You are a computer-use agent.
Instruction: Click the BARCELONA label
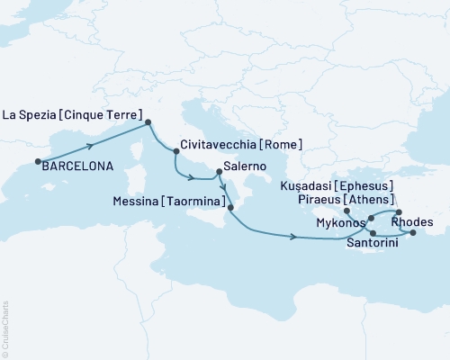(76, 166)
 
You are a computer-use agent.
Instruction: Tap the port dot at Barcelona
(38, 163)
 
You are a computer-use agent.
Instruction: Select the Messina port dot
(231, 208)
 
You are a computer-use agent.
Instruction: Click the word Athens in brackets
(377, 199)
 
